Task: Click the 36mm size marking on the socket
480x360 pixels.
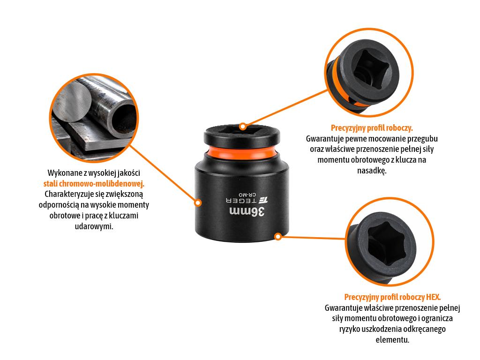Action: (247, 211)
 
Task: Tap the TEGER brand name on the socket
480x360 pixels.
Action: (241, 201)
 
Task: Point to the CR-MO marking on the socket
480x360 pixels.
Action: (247, 195)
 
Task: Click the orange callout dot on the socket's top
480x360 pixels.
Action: (243, 126)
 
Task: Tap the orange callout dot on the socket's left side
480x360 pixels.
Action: (198, 202)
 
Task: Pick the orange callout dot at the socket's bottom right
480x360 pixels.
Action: (278, 237)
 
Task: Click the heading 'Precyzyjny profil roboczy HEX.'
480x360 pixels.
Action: (392, 297)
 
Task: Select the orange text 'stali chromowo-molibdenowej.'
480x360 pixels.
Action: (94, 184)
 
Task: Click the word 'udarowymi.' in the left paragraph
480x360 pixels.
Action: (94, 226)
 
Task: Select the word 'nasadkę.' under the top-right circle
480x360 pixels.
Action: (372, 171)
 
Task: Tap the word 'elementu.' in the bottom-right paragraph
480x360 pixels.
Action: (392, 340)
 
